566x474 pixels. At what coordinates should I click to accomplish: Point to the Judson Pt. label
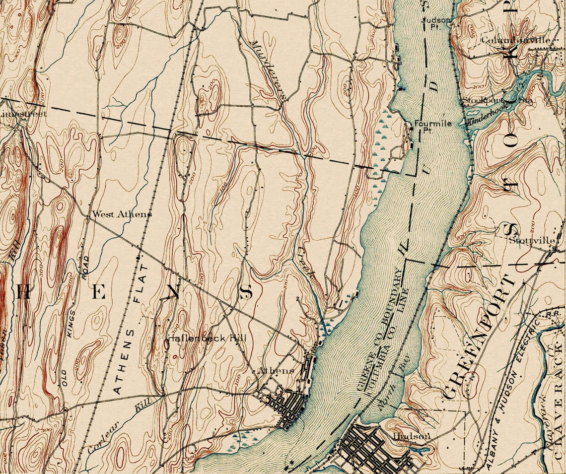pos(436,23)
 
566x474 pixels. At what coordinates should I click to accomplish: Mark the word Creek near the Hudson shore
pos(306,262)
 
